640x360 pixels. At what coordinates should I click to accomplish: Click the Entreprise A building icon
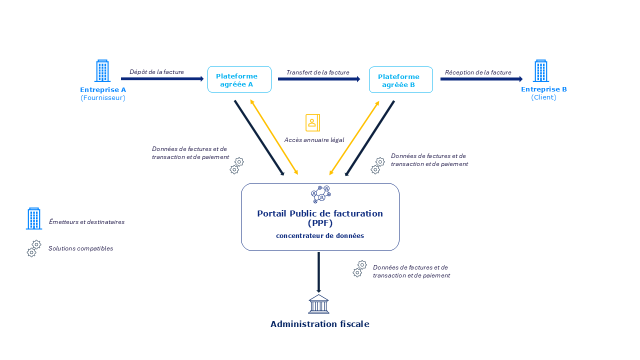click(102, 71)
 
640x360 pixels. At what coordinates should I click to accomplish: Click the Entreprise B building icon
click(540, 71)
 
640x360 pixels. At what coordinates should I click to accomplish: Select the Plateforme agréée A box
click(239, 79)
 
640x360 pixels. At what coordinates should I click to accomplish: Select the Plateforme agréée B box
click(400, 80)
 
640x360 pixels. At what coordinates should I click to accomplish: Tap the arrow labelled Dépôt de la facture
click(162, 78)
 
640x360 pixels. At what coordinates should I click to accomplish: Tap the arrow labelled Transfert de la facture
click(318, 79)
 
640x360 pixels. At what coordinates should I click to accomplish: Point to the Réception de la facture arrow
click(481, 78)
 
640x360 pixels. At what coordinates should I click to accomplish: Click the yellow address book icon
click(312, 122)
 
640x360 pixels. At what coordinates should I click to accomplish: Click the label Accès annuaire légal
click(314, 140)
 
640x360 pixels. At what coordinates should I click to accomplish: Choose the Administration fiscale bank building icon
click(318, 304)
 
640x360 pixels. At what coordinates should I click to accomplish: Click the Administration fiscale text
click(319, 324)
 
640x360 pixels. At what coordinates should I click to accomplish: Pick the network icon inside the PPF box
click(320, 194)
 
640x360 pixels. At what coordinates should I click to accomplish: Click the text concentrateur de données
click(320, 235)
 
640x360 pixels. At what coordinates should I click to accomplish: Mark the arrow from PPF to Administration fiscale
click(318, 272)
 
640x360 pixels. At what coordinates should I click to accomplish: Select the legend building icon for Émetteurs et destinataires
click(34, 218)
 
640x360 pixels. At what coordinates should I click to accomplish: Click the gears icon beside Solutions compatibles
click(34, 248)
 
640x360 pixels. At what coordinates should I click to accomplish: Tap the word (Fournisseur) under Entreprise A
click(103, 98)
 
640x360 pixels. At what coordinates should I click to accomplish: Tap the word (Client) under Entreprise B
click(543, 97)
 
